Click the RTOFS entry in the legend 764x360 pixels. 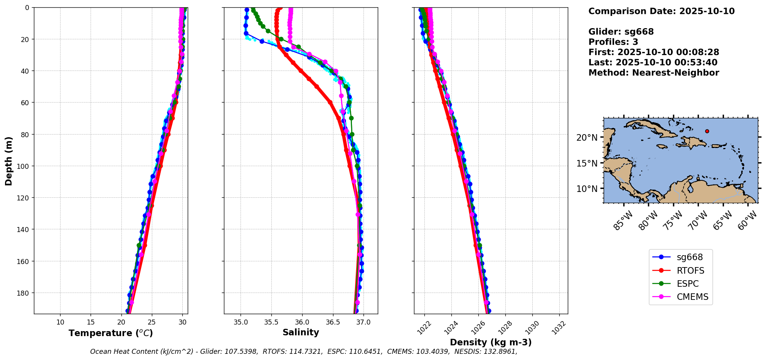pos(690,271)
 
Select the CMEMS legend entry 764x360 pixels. pos(692,297)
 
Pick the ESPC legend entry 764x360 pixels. pos(687,284)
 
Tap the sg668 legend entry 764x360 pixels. pos(690,257)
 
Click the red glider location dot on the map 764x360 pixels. pos(707,131)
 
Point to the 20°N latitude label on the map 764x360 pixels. pos(587,138)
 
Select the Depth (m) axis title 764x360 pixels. pos(8,161)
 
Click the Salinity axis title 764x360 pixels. pos(301,332)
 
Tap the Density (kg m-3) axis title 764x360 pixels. pos(491,342)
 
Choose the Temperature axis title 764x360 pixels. pos(111,333)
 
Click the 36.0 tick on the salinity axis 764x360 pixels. pos(302,322)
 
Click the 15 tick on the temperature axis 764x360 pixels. pos(91,322)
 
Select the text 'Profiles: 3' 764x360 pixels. pos(613,42)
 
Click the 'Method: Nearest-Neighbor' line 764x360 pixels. pos(653,73)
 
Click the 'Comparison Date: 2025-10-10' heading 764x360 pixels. pos(661,11)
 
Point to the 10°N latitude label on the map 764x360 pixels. pos(587,189)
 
